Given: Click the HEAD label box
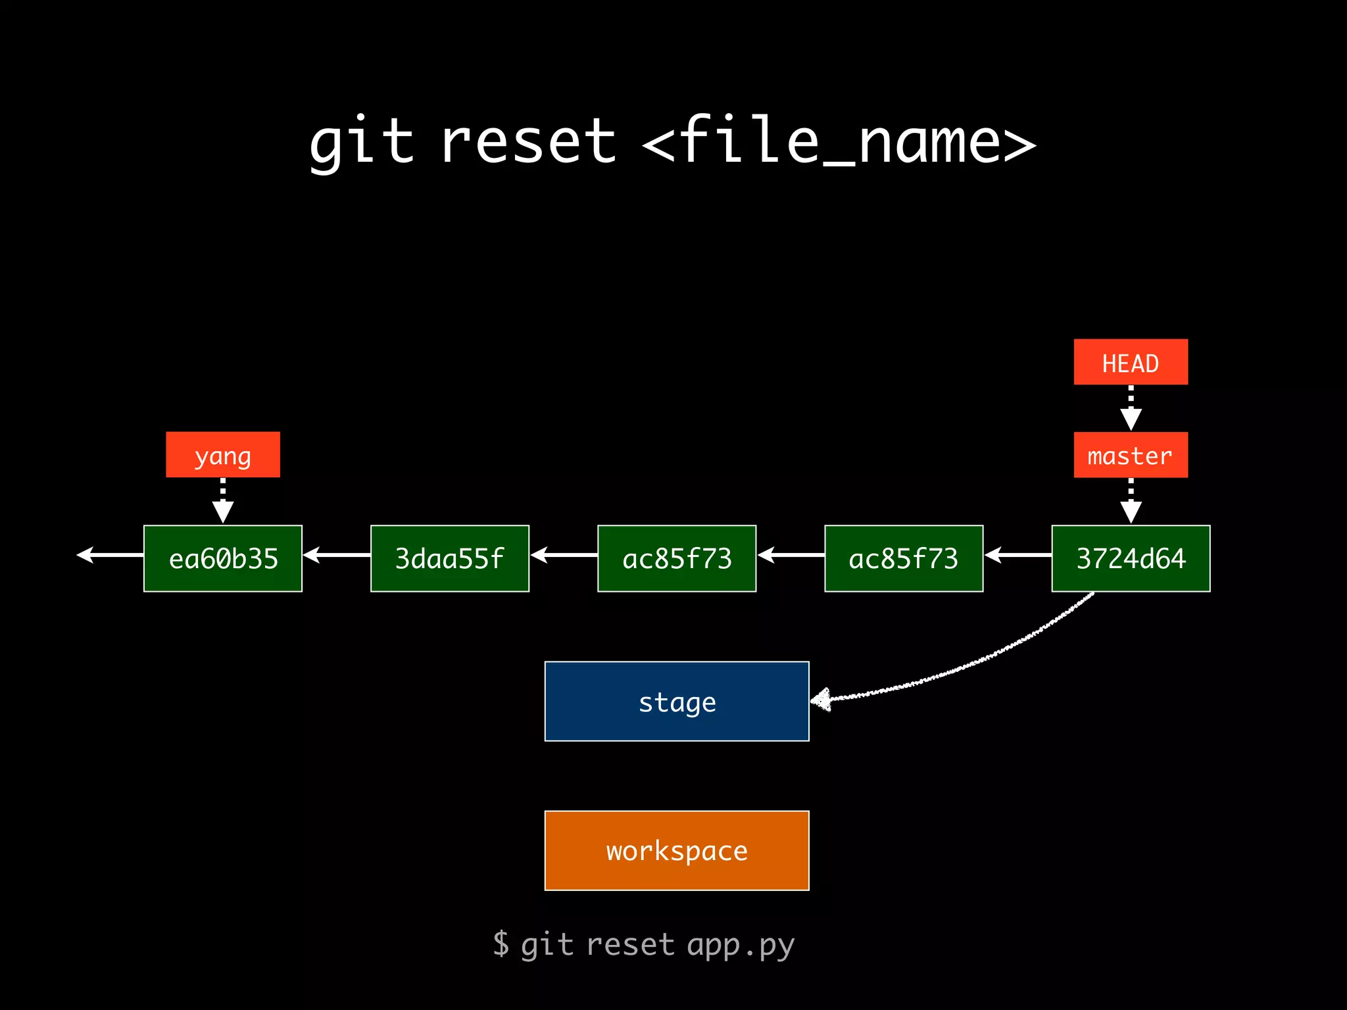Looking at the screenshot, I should coord(1131,362).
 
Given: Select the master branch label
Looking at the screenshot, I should coord(1131,455).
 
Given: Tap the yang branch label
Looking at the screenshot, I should coord(223,455).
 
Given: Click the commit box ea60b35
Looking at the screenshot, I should coord(223,558).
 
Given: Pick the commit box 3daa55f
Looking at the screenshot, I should coord(450,558).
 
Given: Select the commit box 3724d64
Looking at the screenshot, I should coord(1131,558).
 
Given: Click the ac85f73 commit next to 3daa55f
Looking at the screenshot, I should coord(677,558).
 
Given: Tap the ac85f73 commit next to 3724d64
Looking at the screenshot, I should coord(904,558).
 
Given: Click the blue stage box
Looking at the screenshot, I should coord(677,702).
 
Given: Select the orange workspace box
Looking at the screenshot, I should coord(677,850).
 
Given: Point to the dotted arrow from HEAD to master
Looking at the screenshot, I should coord(1131,408).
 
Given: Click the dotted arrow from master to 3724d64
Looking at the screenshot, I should coord(1131,501).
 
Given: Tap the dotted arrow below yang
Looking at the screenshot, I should coord(223,501).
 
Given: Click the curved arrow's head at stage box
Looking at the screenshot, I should coord(821,700).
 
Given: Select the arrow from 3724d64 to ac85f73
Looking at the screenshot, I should coord(1017,555).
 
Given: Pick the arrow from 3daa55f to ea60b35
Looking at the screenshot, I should coord(336,555).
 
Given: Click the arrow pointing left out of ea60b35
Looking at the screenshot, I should coord(110,555).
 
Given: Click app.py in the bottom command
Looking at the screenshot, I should coord(741,945).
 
